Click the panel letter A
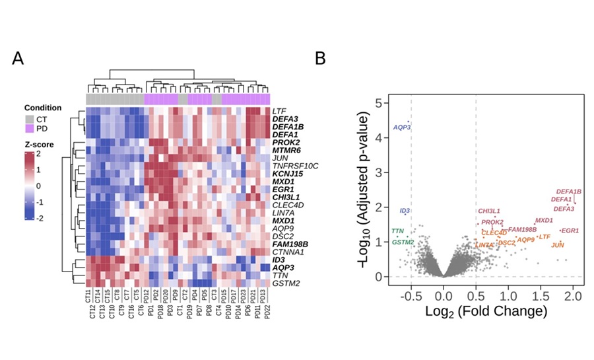point(18,59)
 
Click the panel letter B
point(319,59)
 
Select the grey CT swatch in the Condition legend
point(30,118)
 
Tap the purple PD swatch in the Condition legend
point(30,127)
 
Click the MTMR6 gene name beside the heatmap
point(285,150)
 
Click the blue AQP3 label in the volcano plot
point(402,127)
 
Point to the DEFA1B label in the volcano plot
point(568,192)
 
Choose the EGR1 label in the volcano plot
point(570,231)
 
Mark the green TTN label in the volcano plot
point(397,231)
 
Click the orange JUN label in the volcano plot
point(558,245)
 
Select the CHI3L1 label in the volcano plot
point(489,211)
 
